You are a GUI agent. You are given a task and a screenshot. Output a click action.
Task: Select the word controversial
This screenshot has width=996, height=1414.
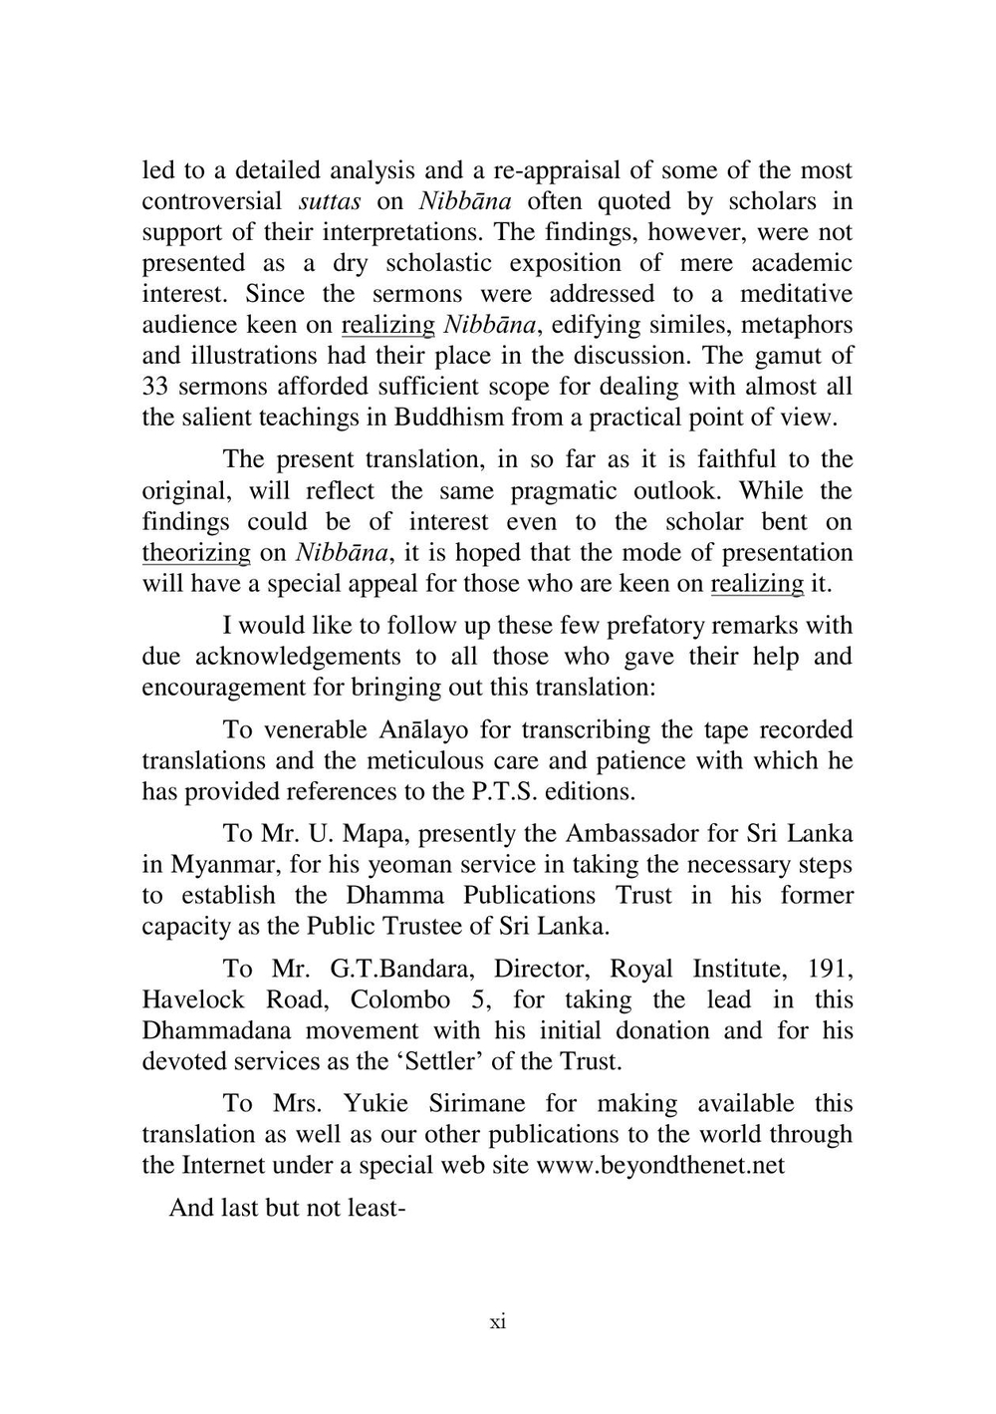[211, 201]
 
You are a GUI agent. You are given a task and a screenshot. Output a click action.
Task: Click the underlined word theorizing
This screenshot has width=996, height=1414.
[196, 553]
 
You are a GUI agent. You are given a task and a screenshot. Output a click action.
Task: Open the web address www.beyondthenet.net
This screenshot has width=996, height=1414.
[660, 1165]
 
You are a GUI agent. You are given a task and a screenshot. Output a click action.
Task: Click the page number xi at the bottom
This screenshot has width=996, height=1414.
[498, 1322]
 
